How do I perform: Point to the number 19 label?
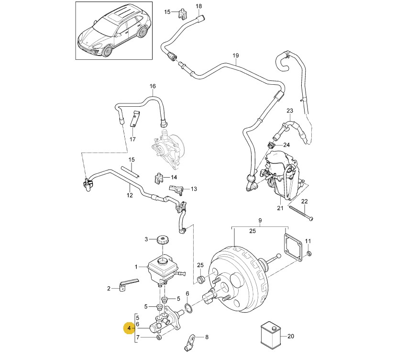click(235, 56)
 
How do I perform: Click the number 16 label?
click(153, 87)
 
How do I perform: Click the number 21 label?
click(280, 208)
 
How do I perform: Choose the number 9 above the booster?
click(260, 221)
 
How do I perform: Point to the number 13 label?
click(194, 189)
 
